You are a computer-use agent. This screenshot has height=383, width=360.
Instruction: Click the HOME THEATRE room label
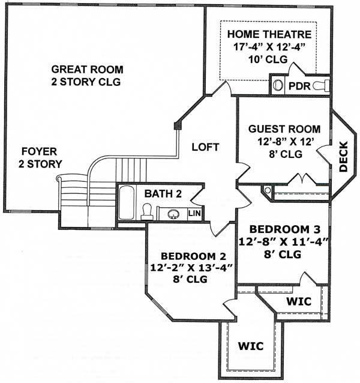pyautogui.click(x=269, y=34)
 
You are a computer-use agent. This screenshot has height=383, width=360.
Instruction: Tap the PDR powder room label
pyautogui.click(x=299, y=86)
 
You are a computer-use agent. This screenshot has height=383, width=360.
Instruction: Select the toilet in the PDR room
pyautogui.click(x=321, y=85)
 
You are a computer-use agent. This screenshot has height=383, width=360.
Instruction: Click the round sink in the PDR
pyautogui.click(x=278, y=85)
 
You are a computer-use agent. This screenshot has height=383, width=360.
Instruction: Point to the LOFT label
pyautogui.click(x=205, y=147)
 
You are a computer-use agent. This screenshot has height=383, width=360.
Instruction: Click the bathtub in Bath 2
pyautogui.click(x=126, y=202)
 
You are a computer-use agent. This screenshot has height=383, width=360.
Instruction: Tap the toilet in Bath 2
pyautogui.click(x=147, y=212)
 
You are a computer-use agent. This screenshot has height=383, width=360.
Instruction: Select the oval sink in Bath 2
pyautogui.click(x=173, y=214)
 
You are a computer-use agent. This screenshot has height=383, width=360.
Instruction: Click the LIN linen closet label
pyautogui.click(x=194, y=213)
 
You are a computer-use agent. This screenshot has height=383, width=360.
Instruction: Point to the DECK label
pyautogui.click(x=343, y=157)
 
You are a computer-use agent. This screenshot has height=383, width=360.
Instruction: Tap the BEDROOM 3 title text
pyautogui.click(x=284, y=229)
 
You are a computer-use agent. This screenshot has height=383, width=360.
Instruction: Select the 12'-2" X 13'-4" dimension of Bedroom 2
pyautogui.click(x=190, y=268)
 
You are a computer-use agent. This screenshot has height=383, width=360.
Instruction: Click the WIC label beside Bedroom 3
pyautogui.click(x=299, y=301)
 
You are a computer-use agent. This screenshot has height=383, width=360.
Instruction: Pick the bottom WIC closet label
pyautogui.click(x=251, y=346)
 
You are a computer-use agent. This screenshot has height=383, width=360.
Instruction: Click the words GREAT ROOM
pyautogui.click(x=87, y=70)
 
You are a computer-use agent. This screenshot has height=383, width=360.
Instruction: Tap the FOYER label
pyautogui.click(x=39, y=151)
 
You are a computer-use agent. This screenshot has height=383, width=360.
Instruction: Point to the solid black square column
pyautogui.click(x=178, y=126)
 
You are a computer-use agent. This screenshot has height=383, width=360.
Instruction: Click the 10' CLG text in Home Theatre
pyautogui.click(x=268, y=59)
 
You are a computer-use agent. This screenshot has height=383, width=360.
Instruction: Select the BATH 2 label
pyautogui.click(x=163, y=194)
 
